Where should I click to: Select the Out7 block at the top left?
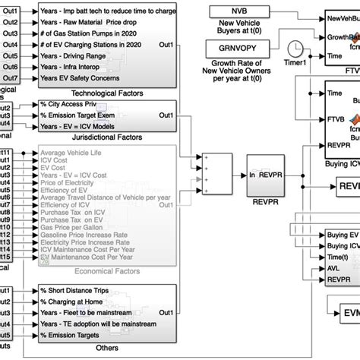click(x=11, y=78)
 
